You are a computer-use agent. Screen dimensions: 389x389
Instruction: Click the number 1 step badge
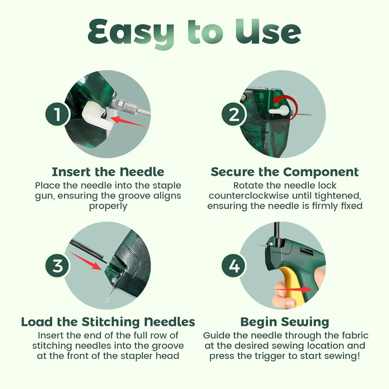[x=57, y=114]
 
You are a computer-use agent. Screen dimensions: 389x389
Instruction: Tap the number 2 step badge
[x=234, y=114]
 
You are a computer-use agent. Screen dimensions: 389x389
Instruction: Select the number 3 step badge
[x=57, y=266]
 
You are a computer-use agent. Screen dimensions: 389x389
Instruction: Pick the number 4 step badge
[x=234, y=266]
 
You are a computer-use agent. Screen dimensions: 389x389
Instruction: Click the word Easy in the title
[x=131, y=34]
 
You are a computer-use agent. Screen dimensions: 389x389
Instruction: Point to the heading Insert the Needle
[x=108, y=172]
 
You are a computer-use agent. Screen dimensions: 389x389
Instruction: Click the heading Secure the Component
[x=285, y=172]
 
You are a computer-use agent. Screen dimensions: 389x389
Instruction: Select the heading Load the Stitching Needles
[x=108, y=322]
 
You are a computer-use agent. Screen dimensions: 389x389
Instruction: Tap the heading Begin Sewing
[x=285, y=322]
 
